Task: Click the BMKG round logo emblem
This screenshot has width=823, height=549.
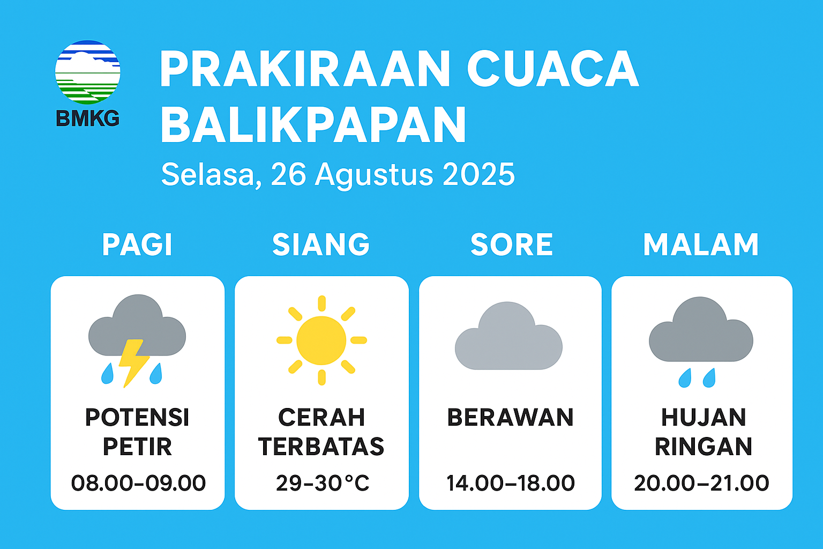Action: click(87, 72)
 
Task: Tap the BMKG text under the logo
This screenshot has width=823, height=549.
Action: click(87, 118)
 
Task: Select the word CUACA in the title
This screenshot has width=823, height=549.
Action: click(553, 69)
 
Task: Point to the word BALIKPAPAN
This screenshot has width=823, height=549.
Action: click(313, 124)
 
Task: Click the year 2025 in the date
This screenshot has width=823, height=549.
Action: click(478, 174)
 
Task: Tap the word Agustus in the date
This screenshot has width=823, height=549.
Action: click(374, 176)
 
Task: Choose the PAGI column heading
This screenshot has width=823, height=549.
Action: click(137, 244)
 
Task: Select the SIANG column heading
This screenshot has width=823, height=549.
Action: click(321, 244)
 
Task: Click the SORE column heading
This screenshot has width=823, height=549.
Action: click(512, 244)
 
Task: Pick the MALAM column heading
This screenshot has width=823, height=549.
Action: click(701, 244)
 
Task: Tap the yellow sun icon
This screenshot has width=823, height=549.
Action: click(321, 340)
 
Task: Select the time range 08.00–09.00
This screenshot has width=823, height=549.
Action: click(138, 483)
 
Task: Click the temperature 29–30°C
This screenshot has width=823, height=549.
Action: click(322, 483)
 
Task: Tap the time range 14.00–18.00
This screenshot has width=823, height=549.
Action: click(510, 483)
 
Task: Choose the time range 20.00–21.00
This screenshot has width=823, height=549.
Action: click(701, 483)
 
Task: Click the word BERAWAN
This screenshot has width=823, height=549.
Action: click(510, 417)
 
